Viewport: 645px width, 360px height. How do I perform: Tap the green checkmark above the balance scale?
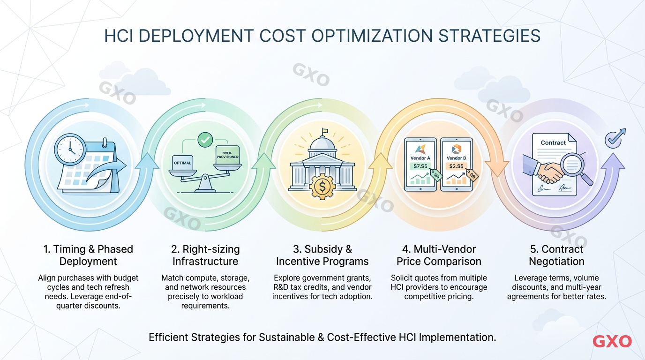pos(205,139)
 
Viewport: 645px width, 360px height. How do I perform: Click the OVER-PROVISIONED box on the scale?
pos(227,155)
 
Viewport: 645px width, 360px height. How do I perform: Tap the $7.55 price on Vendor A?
pos(420,166)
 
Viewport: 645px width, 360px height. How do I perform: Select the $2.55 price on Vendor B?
pos(456,166)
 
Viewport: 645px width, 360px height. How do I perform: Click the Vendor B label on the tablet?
pos(456,158)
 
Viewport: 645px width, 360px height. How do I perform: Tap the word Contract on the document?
pos(553,142)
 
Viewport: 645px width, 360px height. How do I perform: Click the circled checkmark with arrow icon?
pos(613,138)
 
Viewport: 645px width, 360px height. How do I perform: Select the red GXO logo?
pos(612,341)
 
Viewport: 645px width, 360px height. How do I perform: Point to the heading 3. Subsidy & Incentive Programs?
pos(322,255)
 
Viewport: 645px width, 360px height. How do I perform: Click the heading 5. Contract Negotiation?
pos(556,255)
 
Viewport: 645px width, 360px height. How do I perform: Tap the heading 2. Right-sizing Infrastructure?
pos(205,255)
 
